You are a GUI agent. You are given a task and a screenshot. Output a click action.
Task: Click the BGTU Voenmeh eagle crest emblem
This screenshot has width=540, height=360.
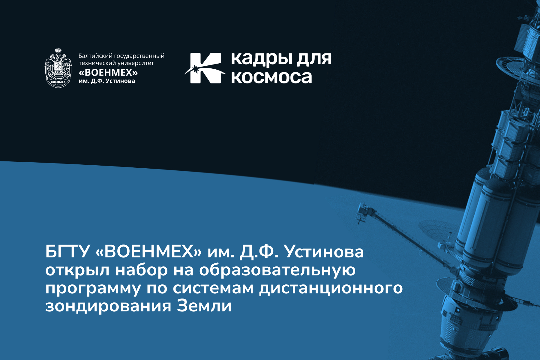(x=58, y=68)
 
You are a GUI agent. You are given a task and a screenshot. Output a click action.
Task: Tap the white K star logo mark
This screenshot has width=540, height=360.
(x=205, y=68)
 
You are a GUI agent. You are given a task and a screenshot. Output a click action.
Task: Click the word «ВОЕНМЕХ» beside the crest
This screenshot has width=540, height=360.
(x=108, y=73)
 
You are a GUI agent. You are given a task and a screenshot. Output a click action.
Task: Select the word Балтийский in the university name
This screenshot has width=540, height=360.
(x=95, y=56)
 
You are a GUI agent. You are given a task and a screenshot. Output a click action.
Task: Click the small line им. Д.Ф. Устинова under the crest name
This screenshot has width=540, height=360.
(x=107, y=81)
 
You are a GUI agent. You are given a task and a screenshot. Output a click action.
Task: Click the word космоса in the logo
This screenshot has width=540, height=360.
(x=271, y=77)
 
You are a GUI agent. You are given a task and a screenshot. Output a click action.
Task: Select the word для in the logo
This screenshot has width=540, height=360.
(x=314, y=58)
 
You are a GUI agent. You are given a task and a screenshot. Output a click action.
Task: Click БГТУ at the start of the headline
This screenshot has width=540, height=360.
(x=67, y=251)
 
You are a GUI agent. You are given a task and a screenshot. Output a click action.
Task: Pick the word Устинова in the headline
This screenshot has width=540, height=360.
(x=324, y=251)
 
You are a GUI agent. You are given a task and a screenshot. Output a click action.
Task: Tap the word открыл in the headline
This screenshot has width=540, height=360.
(x=77, y=270)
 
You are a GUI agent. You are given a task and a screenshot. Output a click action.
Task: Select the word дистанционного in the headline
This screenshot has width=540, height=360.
(x=331, y=289)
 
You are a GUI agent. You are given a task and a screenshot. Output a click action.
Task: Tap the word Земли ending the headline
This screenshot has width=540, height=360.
(x=204, y=306)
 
